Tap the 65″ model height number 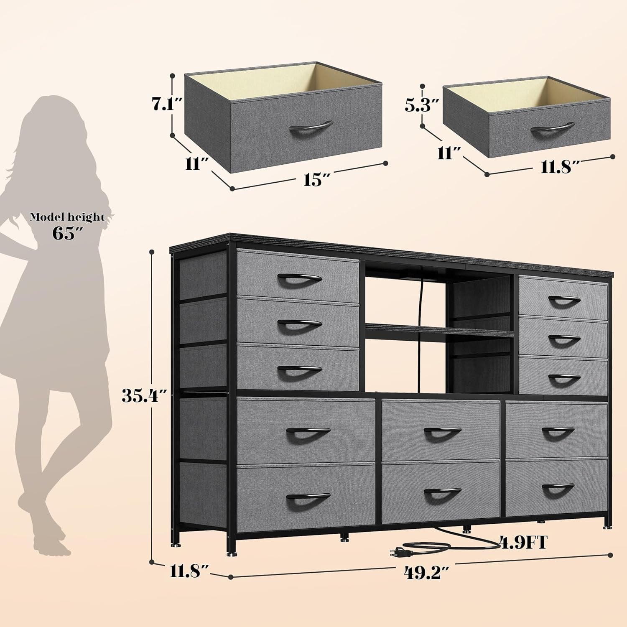66,233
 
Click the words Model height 67,217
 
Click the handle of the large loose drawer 311,127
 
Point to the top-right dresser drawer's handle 564,300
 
